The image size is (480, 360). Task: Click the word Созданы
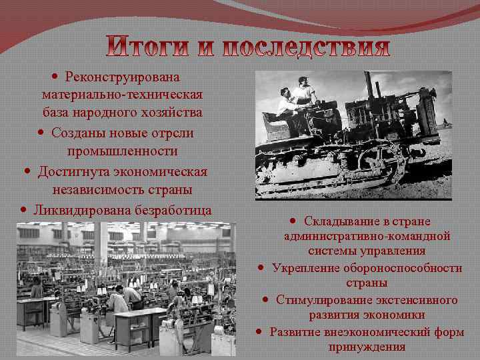click(75, 133)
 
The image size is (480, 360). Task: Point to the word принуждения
click(367, 347)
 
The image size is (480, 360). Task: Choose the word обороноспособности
click(405, 267)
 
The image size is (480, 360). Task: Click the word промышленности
click(122, 151)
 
